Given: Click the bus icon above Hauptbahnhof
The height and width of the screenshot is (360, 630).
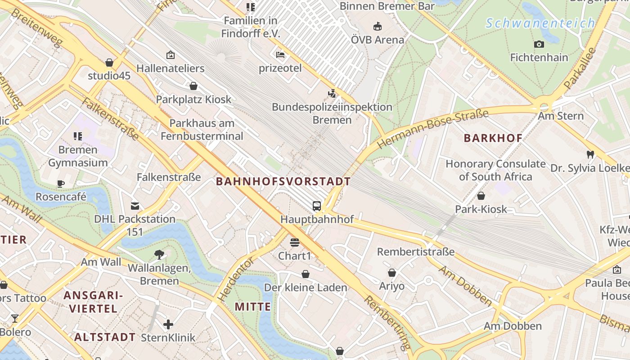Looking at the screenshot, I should (x=317, y=206).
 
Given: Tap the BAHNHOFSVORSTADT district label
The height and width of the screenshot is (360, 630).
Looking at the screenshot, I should (x=283, y=182).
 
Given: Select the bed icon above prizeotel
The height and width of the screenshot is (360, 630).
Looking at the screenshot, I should (x=280, y=55).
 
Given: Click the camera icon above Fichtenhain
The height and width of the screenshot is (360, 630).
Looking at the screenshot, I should (x=539, y=44).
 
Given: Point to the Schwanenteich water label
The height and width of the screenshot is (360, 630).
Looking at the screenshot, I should (x=540, y=23).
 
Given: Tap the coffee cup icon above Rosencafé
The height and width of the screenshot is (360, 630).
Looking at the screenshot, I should (x=61, y=184).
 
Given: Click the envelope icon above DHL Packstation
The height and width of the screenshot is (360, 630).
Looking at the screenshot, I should (x=135, y=206).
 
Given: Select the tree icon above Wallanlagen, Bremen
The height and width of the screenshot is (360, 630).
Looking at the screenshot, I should (x=159, y=255).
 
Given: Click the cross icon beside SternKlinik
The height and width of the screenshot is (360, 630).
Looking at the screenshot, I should (x=168, y=324).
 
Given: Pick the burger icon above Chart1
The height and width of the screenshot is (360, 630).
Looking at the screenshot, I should (x=295, y=243).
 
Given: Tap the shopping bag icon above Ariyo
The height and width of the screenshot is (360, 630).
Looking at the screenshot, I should (x=392, y=273).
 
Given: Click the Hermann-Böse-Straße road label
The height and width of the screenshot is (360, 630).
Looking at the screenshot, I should (x=433, y=129).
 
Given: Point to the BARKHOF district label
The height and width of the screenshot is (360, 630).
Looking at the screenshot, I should (x=493, y=139).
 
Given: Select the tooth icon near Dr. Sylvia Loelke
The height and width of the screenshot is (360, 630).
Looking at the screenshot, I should (x=590, y=154).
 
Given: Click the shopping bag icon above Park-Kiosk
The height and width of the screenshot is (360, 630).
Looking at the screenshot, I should (x=481, y=196).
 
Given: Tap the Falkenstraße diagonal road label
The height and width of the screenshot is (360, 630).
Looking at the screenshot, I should (x=110, y=118).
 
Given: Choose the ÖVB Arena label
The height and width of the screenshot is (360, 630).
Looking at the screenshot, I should (x=378, y=40).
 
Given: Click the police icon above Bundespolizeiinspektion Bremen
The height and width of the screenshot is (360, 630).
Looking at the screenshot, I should (x=332, y=94).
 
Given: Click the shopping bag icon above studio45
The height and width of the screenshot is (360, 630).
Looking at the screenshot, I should (x=109, y=63).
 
